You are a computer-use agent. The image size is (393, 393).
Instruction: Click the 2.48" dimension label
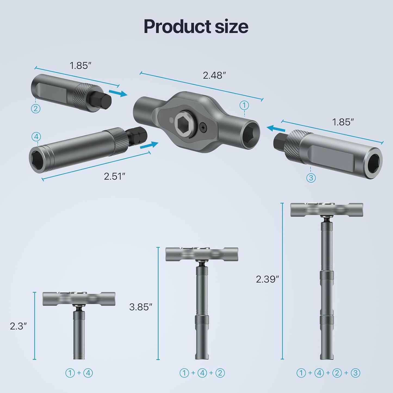coord(214,75)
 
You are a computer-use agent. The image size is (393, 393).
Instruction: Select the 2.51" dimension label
coord(114,176)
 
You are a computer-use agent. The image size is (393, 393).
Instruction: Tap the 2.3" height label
coord(18,326)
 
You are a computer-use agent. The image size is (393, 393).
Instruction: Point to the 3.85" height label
coord(140,307)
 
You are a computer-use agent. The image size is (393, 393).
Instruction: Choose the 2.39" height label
coord(268,279)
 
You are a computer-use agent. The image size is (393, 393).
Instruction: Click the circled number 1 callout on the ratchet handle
coord(244,105)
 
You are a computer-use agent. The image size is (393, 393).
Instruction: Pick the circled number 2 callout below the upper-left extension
coord(36,109)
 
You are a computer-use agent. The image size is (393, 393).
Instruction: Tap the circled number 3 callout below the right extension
coord(311,178)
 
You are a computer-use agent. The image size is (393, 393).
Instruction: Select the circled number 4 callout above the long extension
coord(36,137)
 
